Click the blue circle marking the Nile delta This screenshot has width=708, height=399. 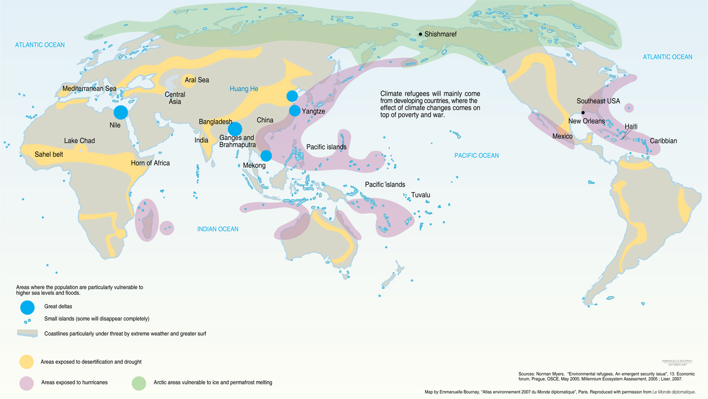click(121, 112)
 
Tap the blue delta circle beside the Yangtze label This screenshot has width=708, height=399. click(295, 111)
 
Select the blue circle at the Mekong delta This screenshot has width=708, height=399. click(266, 156)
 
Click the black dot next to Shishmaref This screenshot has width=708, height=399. click(421, 34)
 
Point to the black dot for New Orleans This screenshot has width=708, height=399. click(583, 113)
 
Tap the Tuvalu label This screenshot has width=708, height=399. click(421, 195)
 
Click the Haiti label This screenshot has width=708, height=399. click(631, 126)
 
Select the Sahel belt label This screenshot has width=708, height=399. click(49, 154)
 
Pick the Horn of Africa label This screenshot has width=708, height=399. click(150, 163)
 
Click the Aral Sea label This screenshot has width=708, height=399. click(197, 80)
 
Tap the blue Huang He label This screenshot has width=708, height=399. click(244, 89)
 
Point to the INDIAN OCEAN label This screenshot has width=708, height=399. click(218, 229)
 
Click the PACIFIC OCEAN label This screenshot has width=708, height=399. click(476, 156)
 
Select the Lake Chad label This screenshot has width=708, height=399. click(79, 141)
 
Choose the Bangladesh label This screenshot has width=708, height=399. click(216, 122)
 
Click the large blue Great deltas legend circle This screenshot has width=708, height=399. click(27, 308)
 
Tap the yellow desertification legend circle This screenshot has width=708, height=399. click(26, 362)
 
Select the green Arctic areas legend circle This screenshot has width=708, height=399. click(139, 383)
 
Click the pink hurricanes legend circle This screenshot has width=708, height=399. click(26, 383)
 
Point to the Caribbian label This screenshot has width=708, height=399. click(663, 141)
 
